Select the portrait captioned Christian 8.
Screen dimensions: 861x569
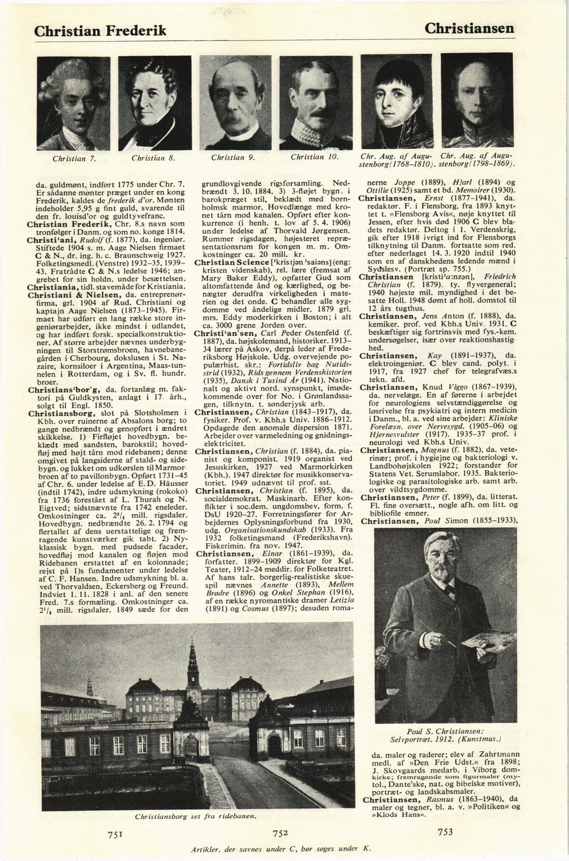154,103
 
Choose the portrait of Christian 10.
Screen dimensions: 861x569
316,103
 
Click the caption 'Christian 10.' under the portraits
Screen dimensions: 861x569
314,158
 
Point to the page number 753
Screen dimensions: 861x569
445,832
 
